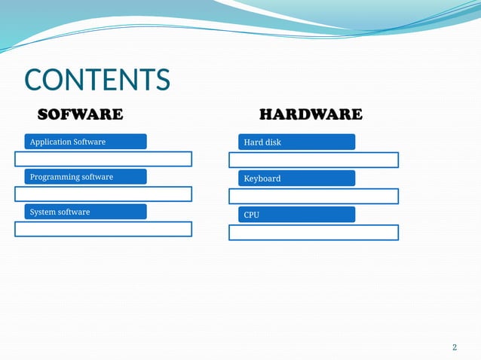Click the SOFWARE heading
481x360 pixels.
(x=80, y=114)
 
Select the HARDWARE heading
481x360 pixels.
(x=310, y=114)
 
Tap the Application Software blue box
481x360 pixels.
(x=85, y=142)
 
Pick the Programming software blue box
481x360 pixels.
(x=85, y=177)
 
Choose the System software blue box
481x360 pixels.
(x=85, y=212)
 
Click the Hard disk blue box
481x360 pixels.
(x=296, y=142)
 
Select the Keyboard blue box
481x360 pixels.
(x=296, y=178)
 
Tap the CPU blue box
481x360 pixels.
(x=296, y=215)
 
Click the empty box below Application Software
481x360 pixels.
(x=103, y=159)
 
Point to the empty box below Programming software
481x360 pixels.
(x=103, y=194)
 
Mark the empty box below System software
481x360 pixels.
(x=103, y=229)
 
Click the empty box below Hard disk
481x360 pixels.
(x=314, y=160)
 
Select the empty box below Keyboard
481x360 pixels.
(x=314, y=196)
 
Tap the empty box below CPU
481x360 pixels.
(x=314, y=232)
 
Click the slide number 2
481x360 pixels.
(x=454, y=347)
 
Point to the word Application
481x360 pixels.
(x=50, y=142)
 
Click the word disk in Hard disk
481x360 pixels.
(x=272, y=142)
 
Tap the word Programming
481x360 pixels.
(x=54, y=177)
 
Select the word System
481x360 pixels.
(x=42, y=212)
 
